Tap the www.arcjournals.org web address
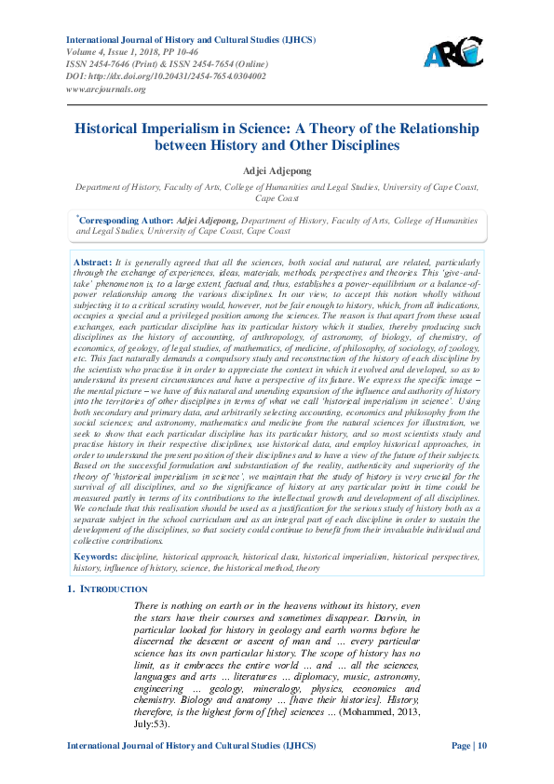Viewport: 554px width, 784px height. coord(105,89)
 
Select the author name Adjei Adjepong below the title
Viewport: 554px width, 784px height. coord(277,171)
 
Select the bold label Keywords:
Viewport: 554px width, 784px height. coord(98,556)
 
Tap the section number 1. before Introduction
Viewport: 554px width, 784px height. coord(73,589)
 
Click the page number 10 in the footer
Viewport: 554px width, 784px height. coord(480,747)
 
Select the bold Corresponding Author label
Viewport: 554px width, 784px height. coord(125,221)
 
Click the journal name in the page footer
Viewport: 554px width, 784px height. coord(187,747)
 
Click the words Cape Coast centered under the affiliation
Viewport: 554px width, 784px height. coord(277,198)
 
